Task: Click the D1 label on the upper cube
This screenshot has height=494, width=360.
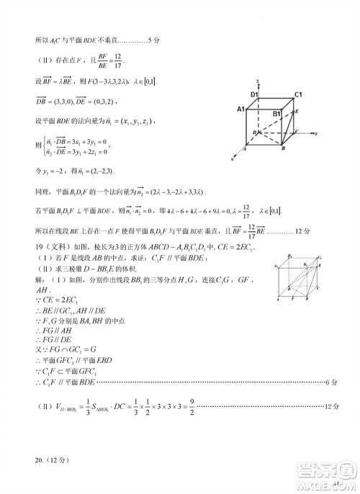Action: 254,94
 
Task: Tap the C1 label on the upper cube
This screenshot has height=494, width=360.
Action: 297,94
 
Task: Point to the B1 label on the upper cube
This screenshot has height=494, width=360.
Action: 276,113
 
